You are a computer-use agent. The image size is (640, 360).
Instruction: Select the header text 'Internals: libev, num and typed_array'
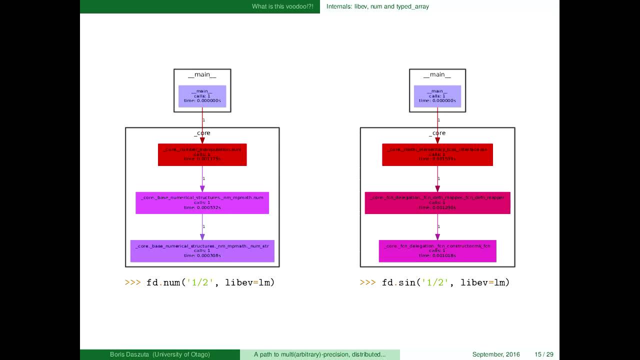tap(377, 6)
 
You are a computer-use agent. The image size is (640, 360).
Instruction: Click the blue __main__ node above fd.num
tap(202, 96)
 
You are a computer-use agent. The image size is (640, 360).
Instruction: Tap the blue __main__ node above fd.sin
tap(437, 96)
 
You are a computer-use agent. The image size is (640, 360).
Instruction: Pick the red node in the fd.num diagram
tap(202, 154)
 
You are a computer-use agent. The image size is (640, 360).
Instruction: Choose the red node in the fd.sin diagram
tap(437, 154)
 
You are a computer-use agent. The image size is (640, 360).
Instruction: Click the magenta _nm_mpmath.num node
tap(202, 202)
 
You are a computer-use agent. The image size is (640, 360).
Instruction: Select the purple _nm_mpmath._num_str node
tap(202, 251)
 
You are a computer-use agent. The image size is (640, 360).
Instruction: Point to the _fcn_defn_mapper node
tap(437, 202)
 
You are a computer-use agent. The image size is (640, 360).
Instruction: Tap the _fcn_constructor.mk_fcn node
tap(437, 251)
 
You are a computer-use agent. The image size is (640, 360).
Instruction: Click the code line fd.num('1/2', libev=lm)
tap(200, 282)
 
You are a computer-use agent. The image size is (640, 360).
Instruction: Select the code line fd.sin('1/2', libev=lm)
tap(434, 282)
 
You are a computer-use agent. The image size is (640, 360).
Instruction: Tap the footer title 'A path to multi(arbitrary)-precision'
tap(319, 354)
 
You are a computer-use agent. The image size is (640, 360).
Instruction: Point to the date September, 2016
tap(496, 354)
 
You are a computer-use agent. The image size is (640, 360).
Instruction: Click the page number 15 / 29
tap(544, 354)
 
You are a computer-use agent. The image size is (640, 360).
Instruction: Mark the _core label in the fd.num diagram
tap(202, 133)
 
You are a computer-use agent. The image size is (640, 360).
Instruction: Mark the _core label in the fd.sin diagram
tap(437, 133)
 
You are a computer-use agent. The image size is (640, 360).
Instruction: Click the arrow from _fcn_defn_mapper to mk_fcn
tap(438, 227)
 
